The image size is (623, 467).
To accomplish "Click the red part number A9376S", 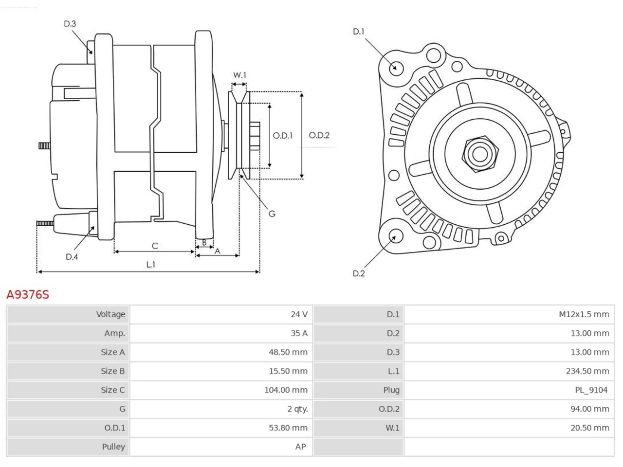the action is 28,295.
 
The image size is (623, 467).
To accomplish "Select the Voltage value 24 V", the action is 299,314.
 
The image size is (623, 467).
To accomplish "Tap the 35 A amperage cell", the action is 299,333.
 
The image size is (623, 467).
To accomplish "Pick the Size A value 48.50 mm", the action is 288,352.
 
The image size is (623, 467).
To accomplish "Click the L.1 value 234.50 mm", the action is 587,371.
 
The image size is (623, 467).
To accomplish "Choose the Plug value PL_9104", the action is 591,390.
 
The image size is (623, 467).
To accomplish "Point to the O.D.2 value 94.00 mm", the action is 590,409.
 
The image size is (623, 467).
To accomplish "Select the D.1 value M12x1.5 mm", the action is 584,314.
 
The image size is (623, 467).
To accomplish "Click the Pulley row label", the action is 113,447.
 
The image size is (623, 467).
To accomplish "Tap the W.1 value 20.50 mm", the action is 590,428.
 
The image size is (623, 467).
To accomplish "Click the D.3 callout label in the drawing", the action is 70,23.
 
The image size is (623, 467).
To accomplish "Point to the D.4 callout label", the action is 72,257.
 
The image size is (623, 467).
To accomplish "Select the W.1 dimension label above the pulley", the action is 239,75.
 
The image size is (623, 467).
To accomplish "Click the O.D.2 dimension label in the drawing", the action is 319,135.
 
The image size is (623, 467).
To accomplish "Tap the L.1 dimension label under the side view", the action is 151,265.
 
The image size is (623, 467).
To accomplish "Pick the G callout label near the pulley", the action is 272,214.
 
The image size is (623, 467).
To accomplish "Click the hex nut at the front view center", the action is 480,154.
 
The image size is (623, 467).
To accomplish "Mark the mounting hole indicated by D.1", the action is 396,68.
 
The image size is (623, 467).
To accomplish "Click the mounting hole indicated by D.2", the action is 396,236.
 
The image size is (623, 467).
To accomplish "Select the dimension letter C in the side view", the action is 155,246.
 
